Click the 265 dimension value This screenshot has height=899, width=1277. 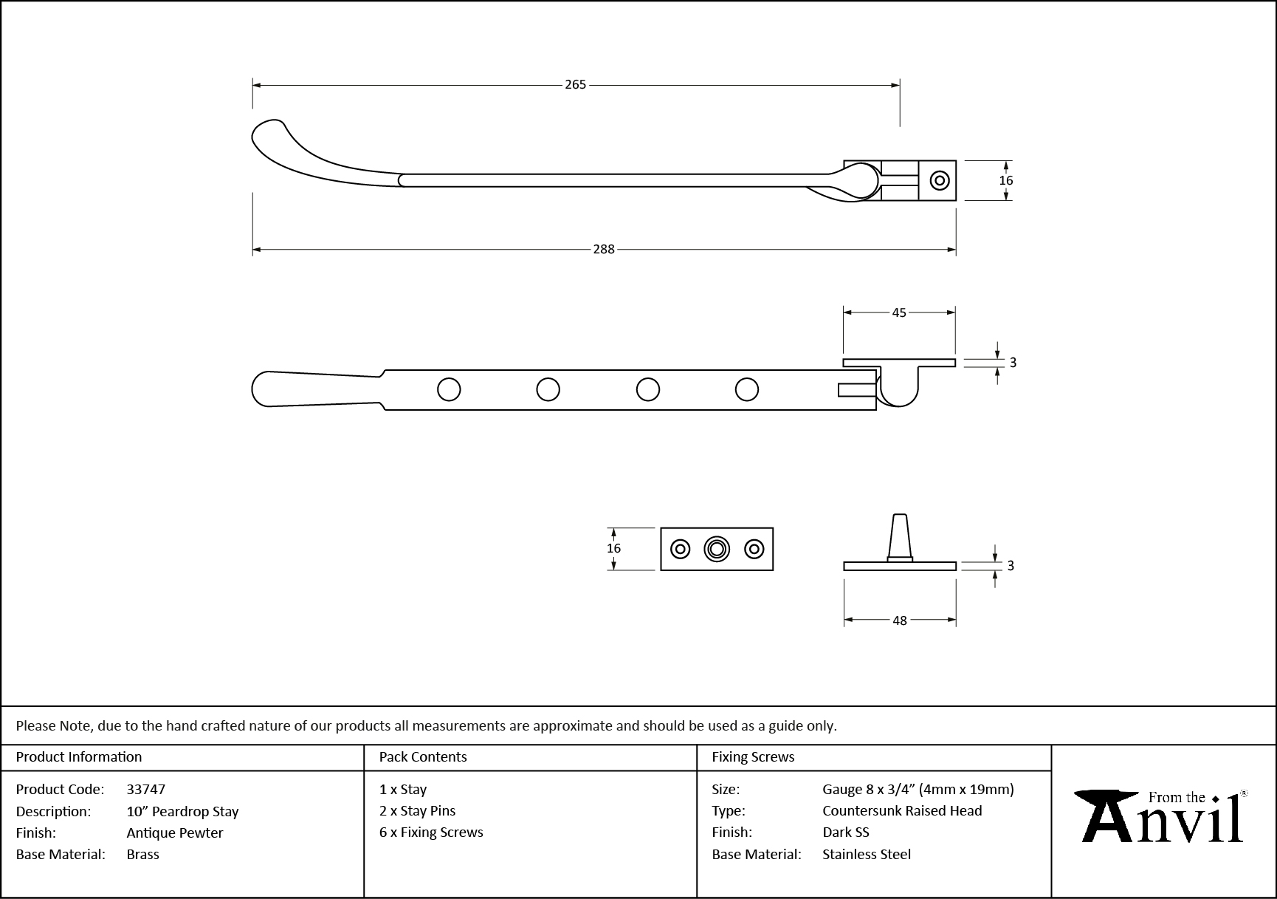pos(575,85)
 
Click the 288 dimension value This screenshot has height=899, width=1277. pos(604,250)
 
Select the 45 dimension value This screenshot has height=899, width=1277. pos(898,312)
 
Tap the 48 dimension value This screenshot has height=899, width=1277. pos(899,621)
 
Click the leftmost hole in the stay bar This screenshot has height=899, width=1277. pos(449,389)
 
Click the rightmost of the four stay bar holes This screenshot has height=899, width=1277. pos(747,389)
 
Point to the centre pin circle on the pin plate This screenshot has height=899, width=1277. pos(716,549)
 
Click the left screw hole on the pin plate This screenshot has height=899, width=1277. pos(680,549)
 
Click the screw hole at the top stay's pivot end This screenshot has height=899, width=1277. pos(939,180)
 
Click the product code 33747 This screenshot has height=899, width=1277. pos(145,789)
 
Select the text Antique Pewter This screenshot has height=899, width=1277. pos(174,833)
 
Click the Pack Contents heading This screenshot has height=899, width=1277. pos(422,756)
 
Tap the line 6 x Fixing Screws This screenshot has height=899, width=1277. pos(431,832)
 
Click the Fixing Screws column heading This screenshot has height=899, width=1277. pos(753,756)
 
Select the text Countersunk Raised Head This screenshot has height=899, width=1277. pos(902,810)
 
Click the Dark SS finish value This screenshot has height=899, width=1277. pos(845,832)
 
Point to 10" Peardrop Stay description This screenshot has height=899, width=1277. pos(182,811)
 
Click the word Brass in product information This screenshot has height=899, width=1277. pos(142,854)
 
